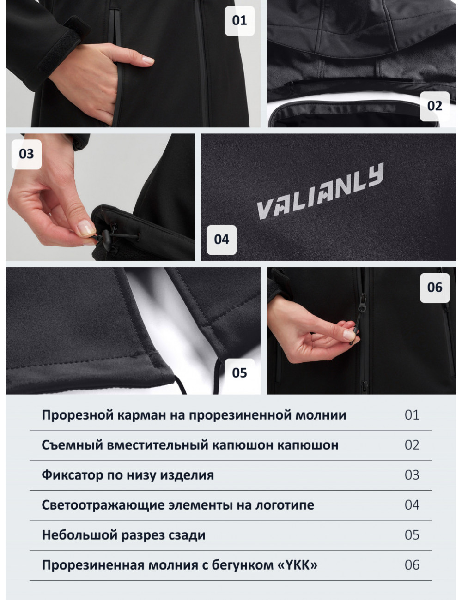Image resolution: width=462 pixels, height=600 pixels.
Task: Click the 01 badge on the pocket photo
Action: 240,21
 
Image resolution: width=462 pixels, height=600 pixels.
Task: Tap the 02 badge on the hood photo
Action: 435,106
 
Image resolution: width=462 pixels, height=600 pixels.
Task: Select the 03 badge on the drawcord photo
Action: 26,154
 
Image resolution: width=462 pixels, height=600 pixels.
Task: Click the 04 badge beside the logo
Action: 222,240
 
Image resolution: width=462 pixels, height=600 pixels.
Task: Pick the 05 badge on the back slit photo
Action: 240,373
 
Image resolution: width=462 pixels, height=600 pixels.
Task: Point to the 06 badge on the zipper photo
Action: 435,288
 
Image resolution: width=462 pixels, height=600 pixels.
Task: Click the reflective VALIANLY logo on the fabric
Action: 320,191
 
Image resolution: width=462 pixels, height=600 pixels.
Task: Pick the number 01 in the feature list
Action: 412,415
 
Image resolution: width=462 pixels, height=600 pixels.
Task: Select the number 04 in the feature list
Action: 412,505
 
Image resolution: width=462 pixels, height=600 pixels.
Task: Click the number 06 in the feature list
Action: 412,565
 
